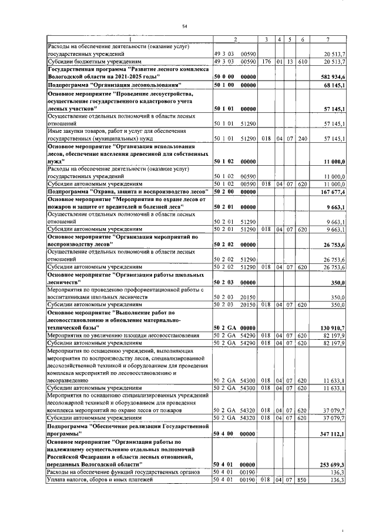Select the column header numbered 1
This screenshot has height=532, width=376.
click(129, 39)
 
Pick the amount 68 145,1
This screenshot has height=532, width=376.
click(334, 86)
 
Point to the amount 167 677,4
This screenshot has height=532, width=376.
click(333, 192)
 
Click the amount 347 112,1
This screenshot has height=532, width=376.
click(333, 434)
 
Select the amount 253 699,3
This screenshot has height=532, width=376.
click(333, 464)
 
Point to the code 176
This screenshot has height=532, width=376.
click(266, 61)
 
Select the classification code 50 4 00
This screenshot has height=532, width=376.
click(224, 434)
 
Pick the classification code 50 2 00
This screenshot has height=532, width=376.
click(224, 192)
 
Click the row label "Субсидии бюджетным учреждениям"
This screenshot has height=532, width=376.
click(93, 61)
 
